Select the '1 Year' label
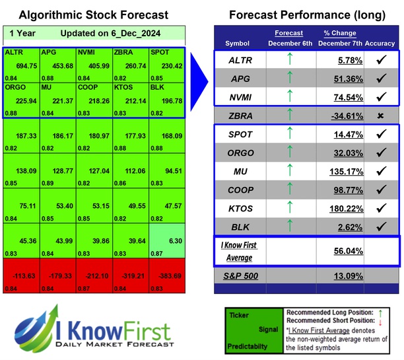pyautogui.click(x=23, y=33)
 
